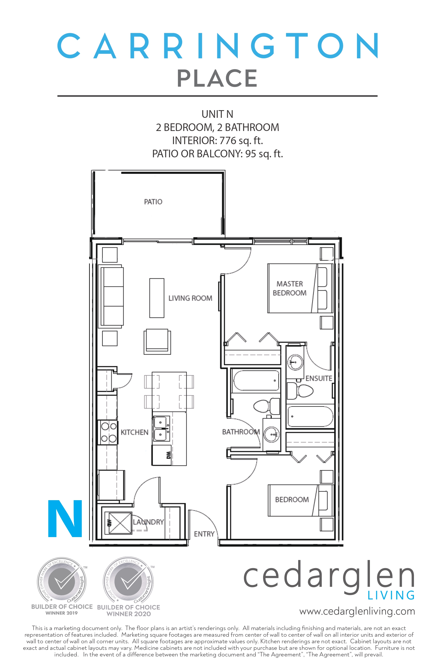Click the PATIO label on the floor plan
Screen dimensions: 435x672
coord(153,202)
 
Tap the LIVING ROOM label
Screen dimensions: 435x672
coord(190,298)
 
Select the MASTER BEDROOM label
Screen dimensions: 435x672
coord(289,288)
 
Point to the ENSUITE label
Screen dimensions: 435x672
coord(319,378)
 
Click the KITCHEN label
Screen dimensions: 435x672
coord(134,432)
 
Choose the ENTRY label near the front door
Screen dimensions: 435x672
coord(204,534)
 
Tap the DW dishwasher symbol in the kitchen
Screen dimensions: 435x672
coord(169,455)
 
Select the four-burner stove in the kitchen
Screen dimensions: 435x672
coord(108,432)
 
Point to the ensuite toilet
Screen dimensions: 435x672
coord(300,391)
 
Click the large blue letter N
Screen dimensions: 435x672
coord(65,519)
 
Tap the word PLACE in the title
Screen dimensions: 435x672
coord(217,78)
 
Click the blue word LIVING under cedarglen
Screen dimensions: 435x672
coord(391,595)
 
